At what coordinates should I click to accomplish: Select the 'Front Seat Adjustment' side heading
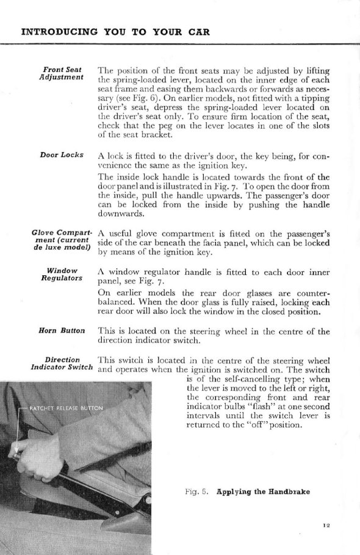tap(63, 75)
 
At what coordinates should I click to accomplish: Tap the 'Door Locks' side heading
tap(62, 155)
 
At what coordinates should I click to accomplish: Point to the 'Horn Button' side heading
tap(62, 331)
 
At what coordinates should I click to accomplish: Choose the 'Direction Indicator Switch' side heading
tap(62, 363)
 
